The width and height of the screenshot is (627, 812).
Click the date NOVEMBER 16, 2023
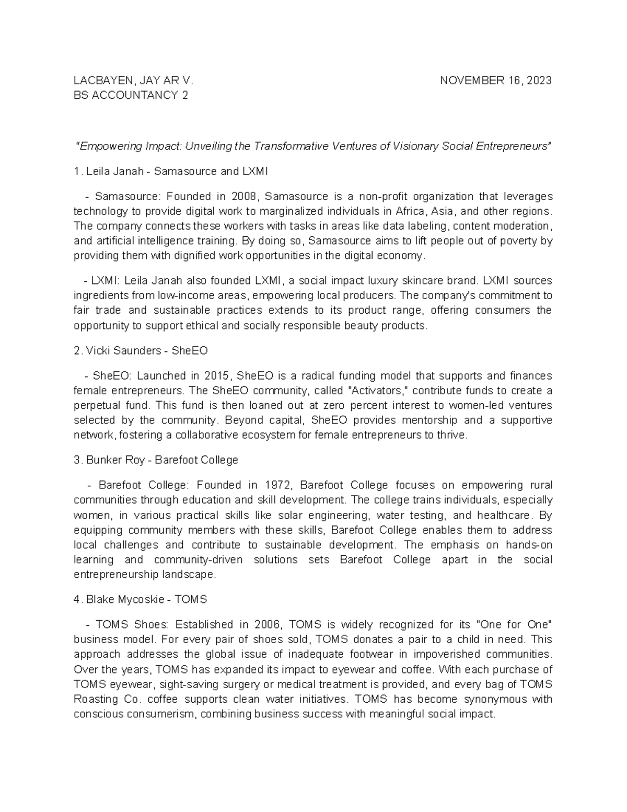pos(496,81)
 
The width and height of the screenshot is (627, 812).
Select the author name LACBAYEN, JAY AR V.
pos(134,81)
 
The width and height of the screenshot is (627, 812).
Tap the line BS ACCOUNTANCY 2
pos(131,95)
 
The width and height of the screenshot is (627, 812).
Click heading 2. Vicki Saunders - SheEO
pos(141,351)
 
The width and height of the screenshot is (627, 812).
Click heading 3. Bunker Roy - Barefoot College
pos(156,460)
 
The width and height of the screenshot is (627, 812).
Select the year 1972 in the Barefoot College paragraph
pos(277,485)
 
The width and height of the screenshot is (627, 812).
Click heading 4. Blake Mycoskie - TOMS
pos(141,600)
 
